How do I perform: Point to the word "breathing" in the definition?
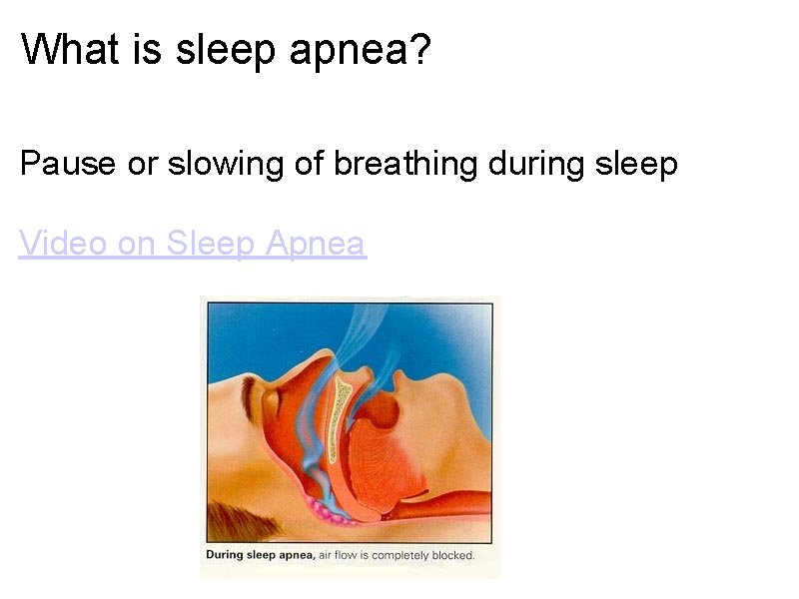tap(404, 163)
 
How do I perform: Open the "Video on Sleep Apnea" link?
tap(193, 243)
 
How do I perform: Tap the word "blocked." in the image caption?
tap(450, 555)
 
